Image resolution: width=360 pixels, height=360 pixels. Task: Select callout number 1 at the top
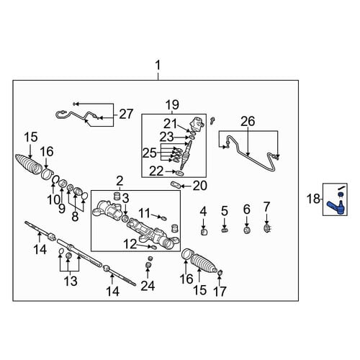[158, 66]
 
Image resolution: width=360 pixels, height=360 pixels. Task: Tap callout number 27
[126, 114]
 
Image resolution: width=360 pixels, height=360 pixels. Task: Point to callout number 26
[248, 121]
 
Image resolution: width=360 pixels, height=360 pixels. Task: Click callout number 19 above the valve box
[172, 105]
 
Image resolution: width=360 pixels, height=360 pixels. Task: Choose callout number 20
[199, 186]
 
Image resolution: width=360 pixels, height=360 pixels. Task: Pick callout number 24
[148, 286]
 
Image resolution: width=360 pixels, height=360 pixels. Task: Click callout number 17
[220, 292]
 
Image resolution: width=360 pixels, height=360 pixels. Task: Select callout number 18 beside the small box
[313, 199]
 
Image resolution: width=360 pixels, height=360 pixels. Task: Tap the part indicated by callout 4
[204, 232]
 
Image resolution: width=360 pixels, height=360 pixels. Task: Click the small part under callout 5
[225, 230]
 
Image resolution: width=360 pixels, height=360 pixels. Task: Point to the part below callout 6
[247, 230]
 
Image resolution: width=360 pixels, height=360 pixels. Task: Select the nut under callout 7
[266, 228]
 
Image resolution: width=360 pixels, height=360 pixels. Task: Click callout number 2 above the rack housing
[120, 181]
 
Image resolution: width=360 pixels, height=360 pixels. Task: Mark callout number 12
[130, 244]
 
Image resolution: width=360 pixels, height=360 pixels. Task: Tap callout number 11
[145, 212]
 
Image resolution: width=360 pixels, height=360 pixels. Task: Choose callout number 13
[71, 281]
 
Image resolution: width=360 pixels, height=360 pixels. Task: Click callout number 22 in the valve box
[156, 171]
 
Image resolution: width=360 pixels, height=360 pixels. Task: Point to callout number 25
[150, 153]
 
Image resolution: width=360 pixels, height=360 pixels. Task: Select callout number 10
[53, 199]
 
